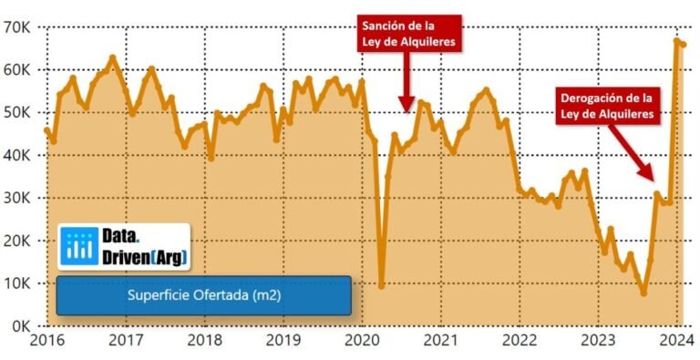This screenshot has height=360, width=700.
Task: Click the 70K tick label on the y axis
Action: [19, 27]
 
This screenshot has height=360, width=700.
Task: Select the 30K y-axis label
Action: [19, 198]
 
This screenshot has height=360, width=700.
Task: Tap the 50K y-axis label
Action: [19, 112]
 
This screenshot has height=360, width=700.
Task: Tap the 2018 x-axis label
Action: [204, 342]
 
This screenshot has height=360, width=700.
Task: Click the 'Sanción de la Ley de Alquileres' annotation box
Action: [407, 34]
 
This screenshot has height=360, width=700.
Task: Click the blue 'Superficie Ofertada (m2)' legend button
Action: [203, 296]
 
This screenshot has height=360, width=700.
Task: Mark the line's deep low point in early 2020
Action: [380, 286]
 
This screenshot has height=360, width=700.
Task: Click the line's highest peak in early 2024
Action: [676, 40]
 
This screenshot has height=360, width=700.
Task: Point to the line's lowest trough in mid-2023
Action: [643, 293]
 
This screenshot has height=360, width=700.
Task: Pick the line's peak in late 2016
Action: [112, 57]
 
